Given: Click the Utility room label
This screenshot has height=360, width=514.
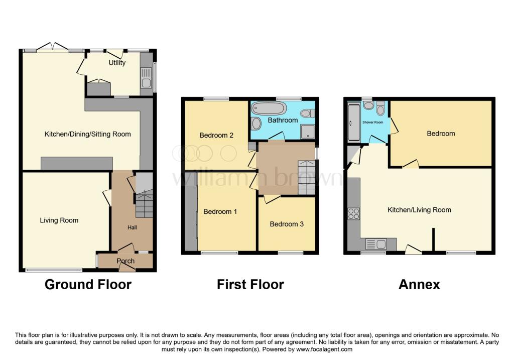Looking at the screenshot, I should click(x=117, y=63).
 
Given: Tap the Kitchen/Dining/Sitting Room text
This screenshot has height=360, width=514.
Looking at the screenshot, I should click(x=88, y=134).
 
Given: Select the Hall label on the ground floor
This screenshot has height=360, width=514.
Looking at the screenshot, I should click(x=132, y=227).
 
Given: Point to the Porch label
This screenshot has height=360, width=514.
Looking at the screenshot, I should click(x=125, y=261).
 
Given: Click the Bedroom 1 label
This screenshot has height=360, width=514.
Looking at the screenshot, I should click(x=220, y=212).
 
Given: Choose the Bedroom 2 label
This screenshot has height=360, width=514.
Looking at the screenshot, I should click(x=216, y=135).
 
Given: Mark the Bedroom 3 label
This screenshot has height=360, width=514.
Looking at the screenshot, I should click(x=287, y=224).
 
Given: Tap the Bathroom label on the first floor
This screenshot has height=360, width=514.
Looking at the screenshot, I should click(x=283, y=120).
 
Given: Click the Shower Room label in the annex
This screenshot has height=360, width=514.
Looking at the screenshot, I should click(x=372, y=122).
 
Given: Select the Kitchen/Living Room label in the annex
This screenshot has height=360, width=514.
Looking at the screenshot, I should click(x=419, y=210).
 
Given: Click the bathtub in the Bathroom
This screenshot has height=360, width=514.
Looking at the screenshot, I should click(x=269, y=107).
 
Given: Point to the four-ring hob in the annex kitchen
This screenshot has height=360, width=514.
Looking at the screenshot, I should click(x=353, y=214).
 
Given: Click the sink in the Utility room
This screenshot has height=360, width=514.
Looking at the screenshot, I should click(x=146, y=83).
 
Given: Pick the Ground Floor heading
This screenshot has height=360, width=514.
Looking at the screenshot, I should click(x=88, y=285).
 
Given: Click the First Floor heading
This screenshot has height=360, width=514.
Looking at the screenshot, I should click(x=250, y=285).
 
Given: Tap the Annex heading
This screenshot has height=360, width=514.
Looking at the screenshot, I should click(x=419, y=285).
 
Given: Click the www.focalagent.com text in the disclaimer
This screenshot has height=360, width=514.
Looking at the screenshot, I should click(x=324, y=349).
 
